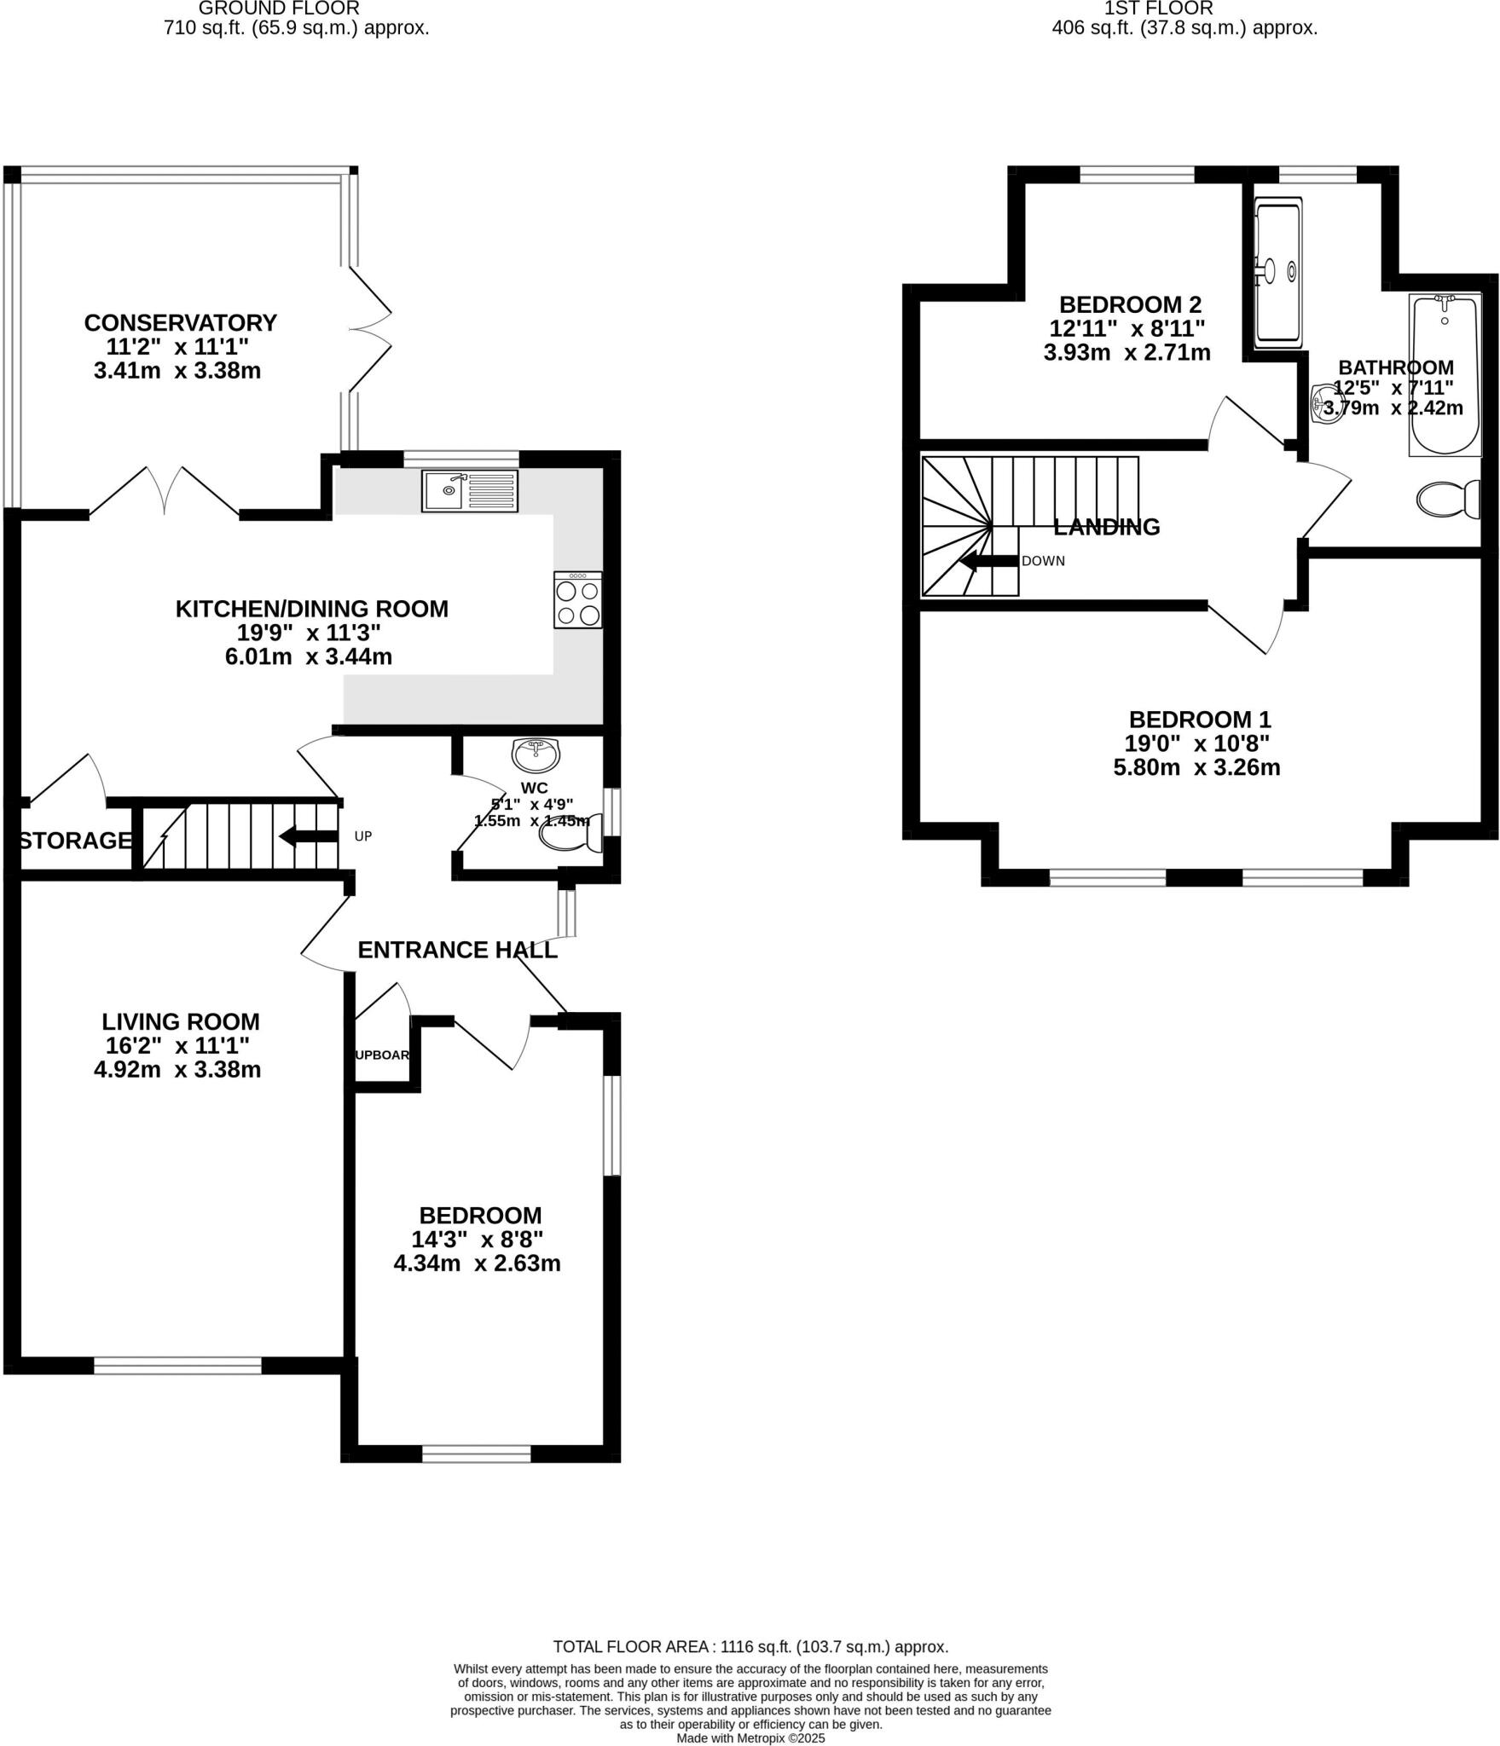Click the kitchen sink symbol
tap(469, 490)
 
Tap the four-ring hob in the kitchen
tap(577, 601)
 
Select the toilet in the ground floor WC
tap(570, 839)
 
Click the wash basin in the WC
tap(536, 754)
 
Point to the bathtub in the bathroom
tap(1445, 375)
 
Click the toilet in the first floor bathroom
tap(1447, 500)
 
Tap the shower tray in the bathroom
tap(1277, 273)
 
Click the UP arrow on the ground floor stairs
tap(309, 836)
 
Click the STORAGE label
tap(75, 841)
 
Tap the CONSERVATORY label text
tap(180, 323)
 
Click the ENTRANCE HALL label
tap(457, 950)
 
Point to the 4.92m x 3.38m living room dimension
tap(177, 1069)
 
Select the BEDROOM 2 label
tap(1130, 304)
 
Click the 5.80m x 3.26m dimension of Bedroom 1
tap(1196, 767)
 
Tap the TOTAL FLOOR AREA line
tap(750, 1647)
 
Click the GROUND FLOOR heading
tap(279, 9)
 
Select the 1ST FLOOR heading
tap(1158, 9)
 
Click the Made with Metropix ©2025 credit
tap(750, 1738)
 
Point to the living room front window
tap(177, 1366)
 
